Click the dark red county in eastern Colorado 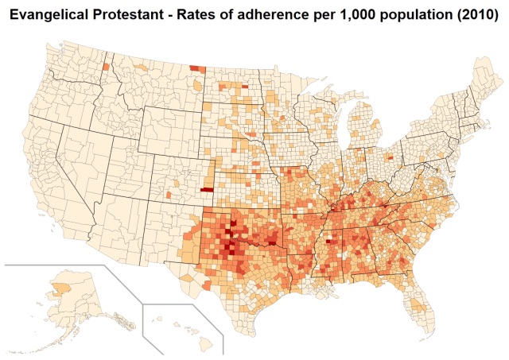[x=207, y=190]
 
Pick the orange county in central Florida [x=414, y=300]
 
